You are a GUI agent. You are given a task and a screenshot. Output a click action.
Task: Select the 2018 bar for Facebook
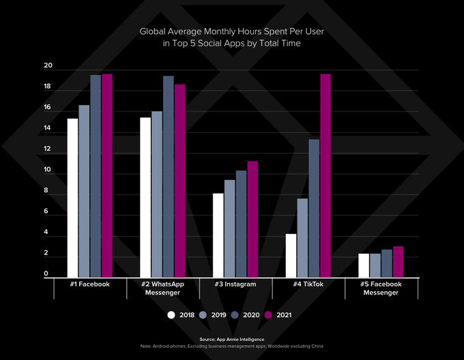coord(72,198)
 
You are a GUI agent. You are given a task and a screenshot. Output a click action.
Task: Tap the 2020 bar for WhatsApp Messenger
coord(169,177)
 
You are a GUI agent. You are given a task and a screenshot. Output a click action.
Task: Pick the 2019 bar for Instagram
coord(230,228)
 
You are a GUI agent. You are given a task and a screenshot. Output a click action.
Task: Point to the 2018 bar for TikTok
coord(291,256)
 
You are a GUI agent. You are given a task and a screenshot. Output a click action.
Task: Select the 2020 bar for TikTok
coord(314,208)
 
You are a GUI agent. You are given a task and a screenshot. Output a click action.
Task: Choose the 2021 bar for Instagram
coord(252,219)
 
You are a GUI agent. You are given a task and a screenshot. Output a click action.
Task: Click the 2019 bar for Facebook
coord(84,191)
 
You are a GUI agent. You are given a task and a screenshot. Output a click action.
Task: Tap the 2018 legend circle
coord(171,315)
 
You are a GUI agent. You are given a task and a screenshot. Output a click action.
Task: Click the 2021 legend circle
coord(268,315)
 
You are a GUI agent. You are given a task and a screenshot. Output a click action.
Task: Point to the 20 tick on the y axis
coord(48,66)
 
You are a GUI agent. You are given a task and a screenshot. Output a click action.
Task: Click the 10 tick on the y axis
coord(48,170)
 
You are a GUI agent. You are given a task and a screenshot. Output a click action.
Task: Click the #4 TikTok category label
coord(308,284)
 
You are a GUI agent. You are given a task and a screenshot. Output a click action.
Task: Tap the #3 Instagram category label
coord(235,284)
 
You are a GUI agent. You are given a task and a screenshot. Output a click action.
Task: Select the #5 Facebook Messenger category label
coord(381,288)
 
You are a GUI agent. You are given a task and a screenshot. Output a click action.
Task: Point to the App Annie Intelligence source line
coord(231,339)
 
